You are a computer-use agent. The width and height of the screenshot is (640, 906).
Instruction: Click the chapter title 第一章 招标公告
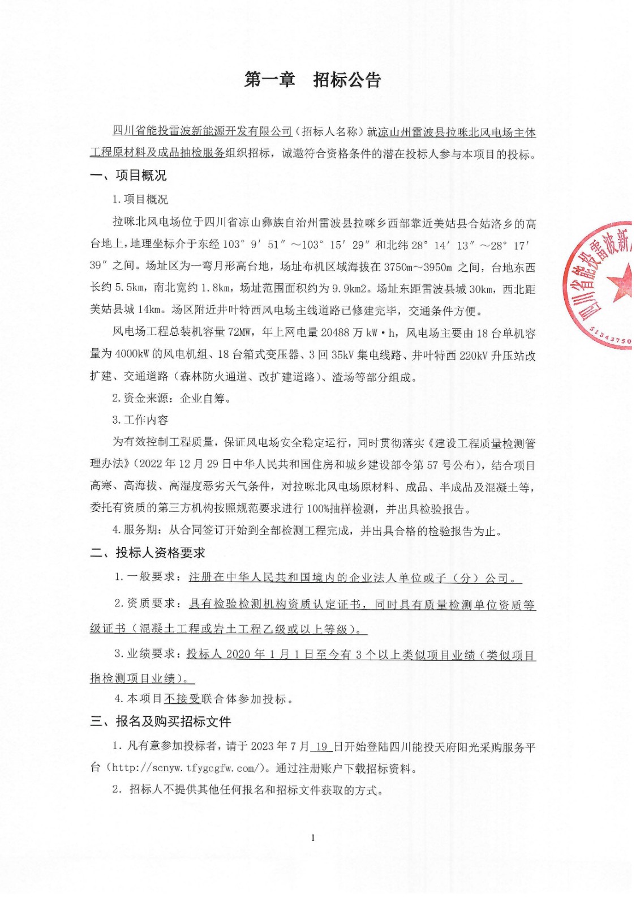coord(312,80)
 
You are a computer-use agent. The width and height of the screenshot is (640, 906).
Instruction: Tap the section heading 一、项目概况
coord(128,176)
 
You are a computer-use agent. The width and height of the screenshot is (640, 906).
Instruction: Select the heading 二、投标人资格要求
coord(148,553)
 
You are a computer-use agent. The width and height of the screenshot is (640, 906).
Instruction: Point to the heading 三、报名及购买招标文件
coord(161,721)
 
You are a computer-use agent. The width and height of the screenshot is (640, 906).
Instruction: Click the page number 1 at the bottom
coord(313,837)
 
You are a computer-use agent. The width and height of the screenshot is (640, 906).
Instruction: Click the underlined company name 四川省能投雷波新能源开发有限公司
coord(202,131)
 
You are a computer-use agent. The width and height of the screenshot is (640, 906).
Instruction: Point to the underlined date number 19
coord(321,746)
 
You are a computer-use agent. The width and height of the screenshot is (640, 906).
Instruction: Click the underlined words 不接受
coord(182,699)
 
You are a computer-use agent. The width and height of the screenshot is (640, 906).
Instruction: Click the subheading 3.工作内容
coord(140,420)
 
